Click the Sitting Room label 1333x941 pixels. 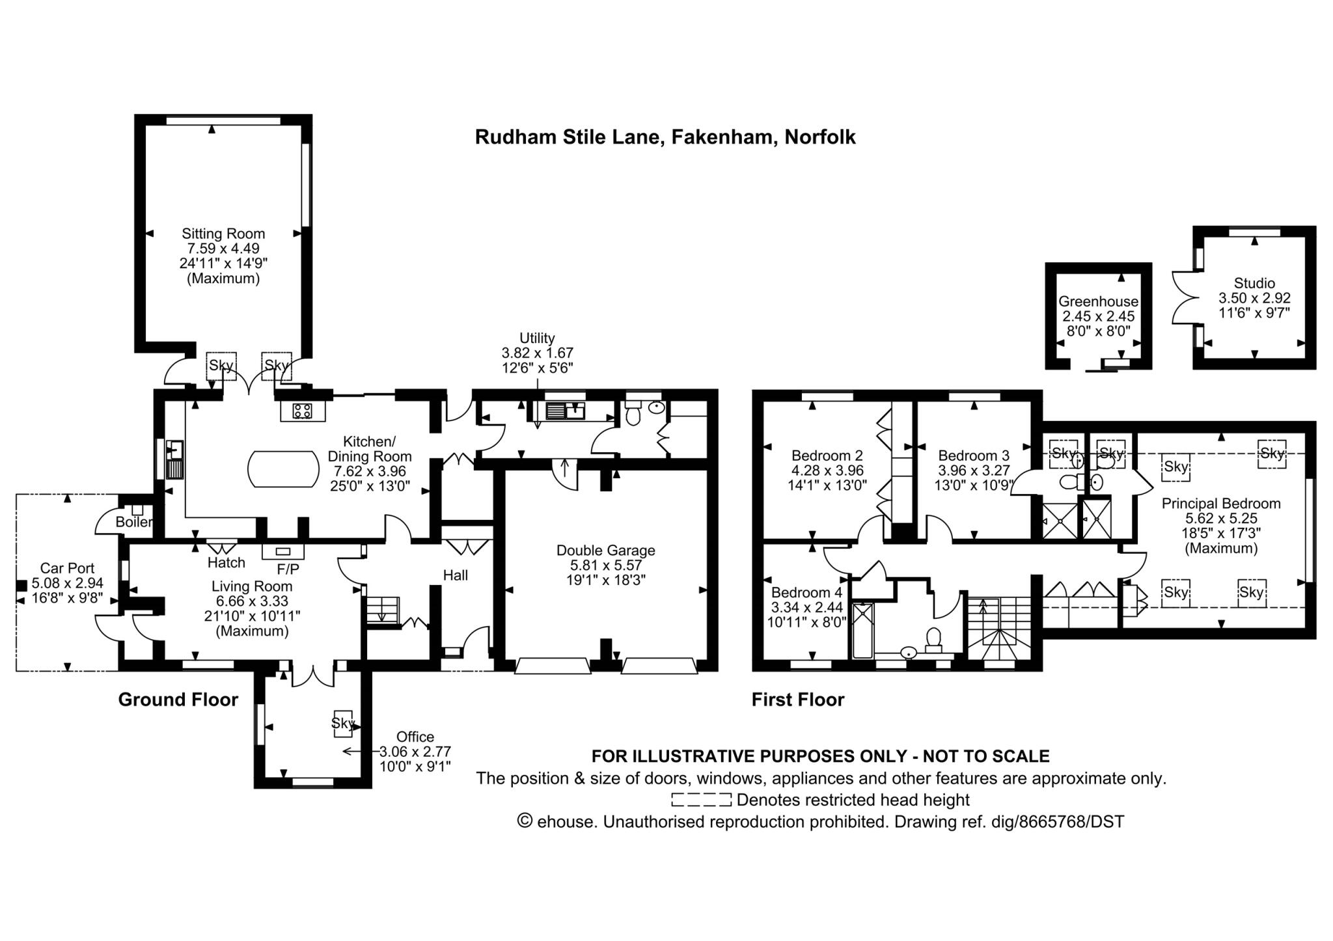coord(223,234)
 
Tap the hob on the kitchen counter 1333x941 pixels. coord(302,411)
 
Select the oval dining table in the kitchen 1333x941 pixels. coord(283,469)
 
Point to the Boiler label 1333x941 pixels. coord(134,522)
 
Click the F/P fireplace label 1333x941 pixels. coord(288,569)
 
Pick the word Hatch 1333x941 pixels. coord(227,562)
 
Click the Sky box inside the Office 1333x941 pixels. coord(343,723)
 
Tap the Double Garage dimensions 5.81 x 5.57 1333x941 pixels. coord(605,565)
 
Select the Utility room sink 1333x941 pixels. coord(565,411)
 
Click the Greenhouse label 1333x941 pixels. coord(1098,301)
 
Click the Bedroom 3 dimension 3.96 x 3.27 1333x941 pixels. coord(973,470)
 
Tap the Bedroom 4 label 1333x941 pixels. coord(806,592)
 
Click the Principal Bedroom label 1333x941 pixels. coord(1221,503)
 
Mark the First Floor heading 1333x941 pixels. coord(798,700)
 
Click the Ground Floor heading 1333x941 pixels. coord(178,700)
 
